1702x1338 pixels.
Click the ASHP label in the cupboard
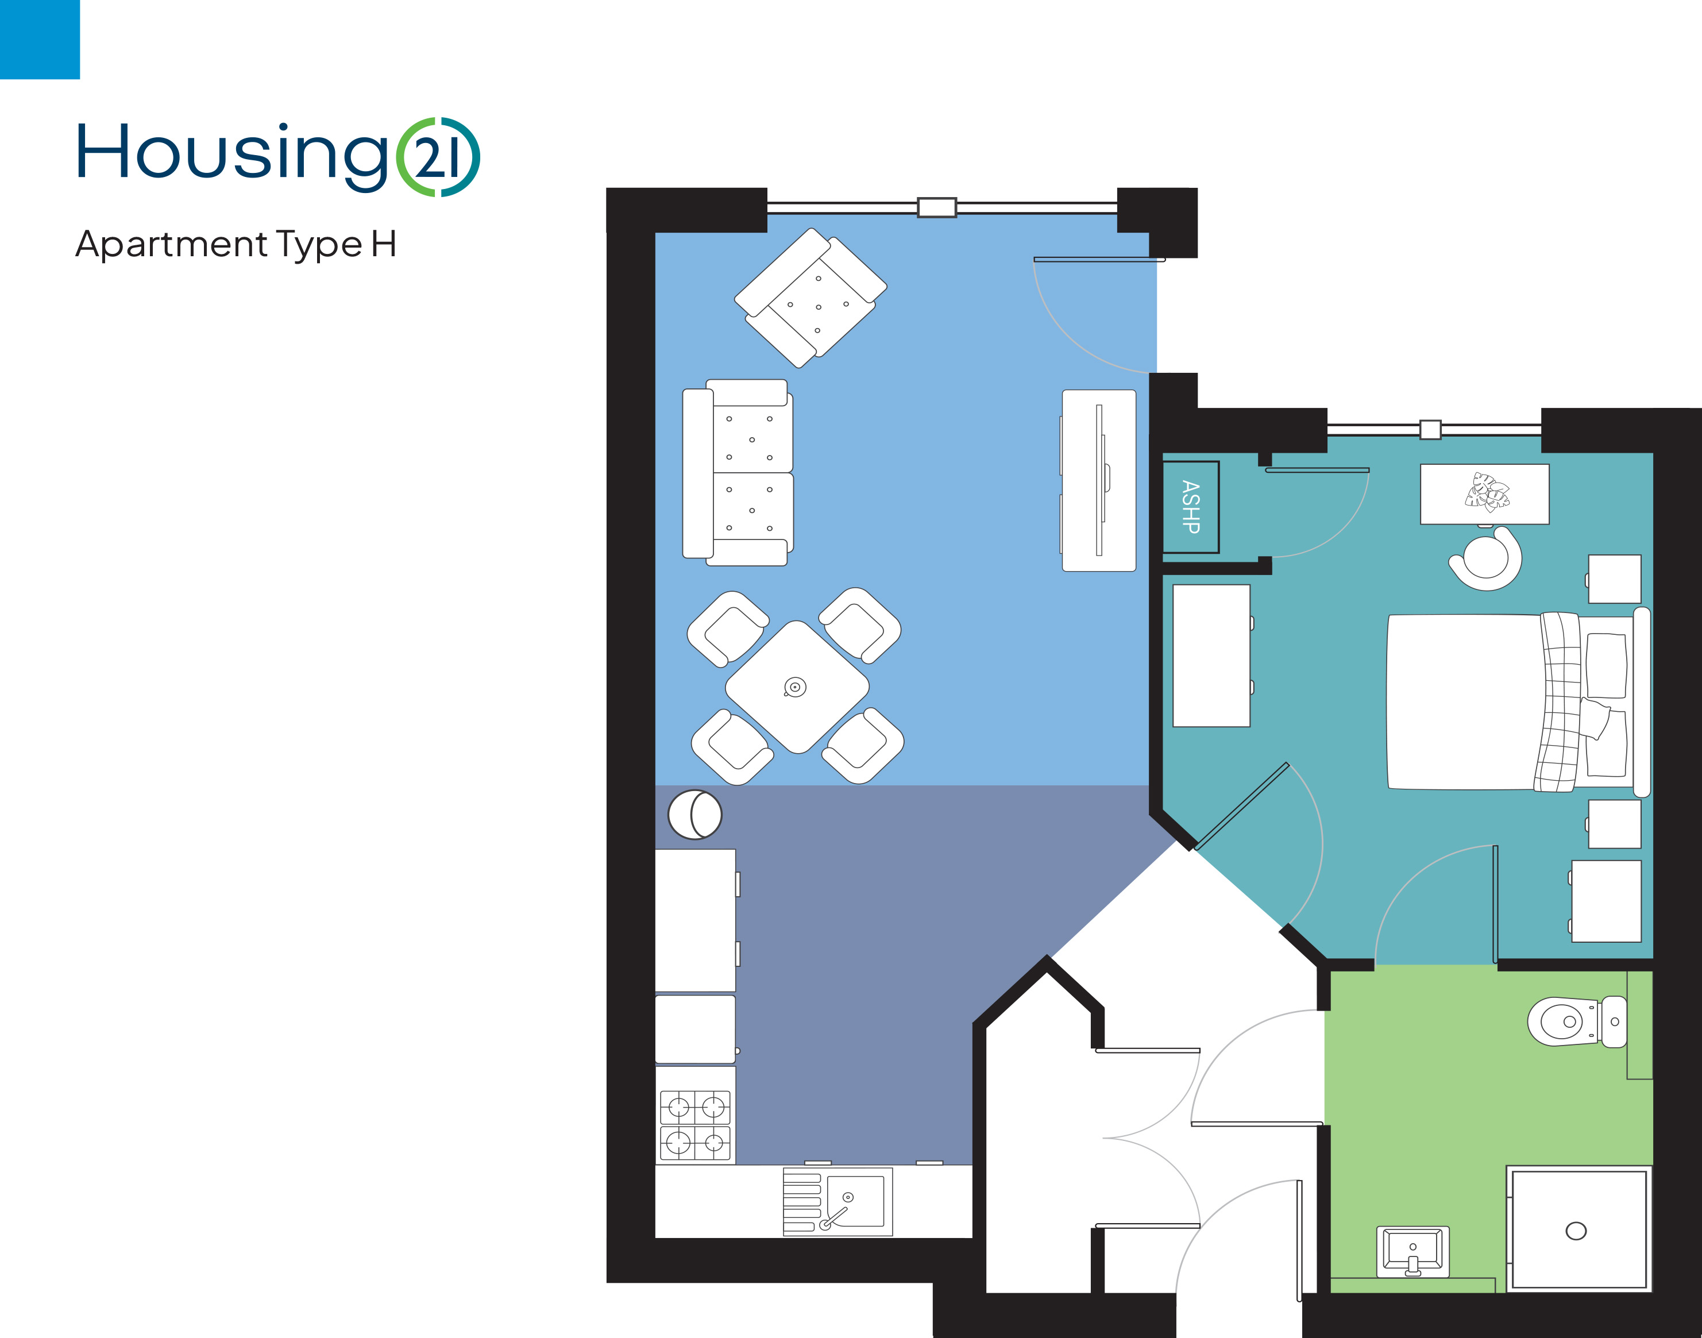(x=1191, y=507)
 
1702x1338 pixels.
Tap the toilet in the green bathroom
(x=1576, y=1021)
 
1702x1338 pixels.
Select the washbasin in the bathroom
(x=1413, y=1252)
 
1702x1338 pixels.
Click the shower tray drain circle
(x=1576, y=1231)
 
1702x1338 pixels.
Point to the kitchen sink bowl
(x=855, y=1201)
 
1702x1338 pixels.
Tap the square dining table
(x=797, y=687)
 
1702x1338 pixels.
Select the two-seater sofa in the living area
(x=738, y=472)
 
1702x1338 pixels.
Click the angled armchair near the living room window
(x=811, y=298)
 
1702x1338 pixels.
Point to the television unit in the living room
(x=1099, y=480)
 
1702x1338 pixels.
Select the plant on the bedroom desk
(x=1487, y=492)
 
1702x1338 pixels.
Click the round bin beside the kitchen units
(x=694, y=815)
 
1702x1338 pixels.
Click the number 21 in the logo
(x=437, y=157)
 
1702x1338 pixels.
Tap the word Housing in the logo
(x=232, y=156)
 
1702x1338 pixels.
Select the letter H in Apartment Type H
(x=384, y=244)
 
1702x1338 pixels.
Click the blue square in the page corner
(x=40, y=39)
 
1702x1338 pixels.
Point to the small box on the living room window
(x=937, y=207)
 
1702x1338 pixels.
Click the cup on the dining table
(x=795, y=688)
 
